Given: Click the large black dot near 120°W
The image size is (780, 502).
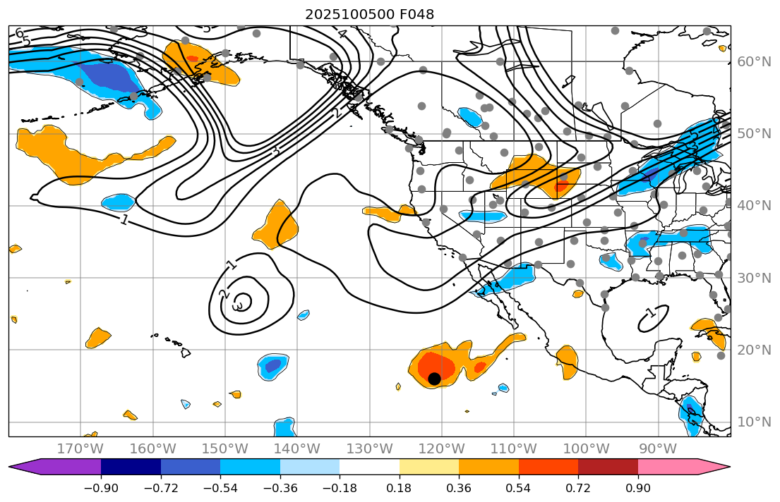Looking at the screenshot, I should tap(434, 379).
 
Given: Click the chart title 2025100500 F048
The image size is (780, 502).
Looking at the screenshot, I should tap(369, 14).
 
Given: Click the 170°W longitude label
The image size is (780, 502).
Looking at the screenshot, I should tap(80, 448).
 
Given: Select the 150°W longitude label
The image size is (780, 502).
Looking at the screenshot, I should tap(224, 448).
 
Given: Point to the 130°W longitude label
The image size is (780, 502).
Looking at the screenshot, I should tap(369, 448).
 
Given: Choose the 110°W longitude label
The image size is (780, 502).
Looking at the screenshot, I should tap(513, 448).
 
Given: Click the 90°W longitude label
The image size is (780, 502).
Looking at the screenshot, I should tap(658, 448).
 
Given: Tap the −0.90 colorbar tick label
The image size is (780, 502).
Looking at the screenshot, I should tap(101, 488).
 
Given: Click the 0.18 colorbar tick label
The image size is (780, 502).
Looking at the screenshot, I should tap(400, 488).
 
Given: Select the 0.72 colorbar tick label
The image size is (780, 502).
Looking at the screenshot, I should tap(578, 488).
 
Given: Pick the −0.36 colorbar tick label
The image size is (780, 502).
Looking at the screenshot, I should tap(280, 488).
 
